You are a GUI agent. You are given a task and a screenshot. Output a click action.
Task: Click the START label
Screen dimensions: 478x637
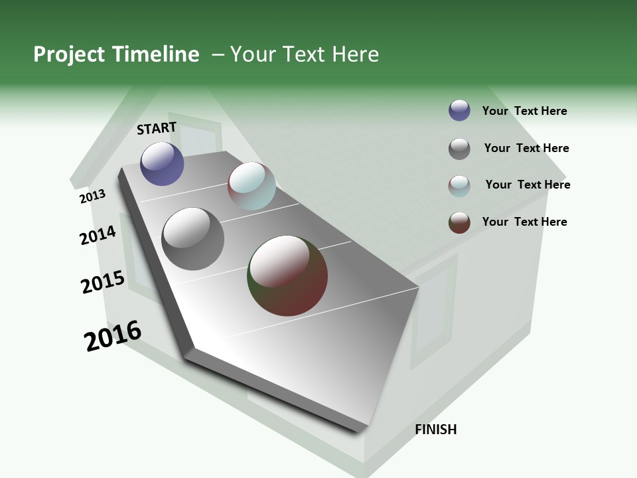click(157, 128)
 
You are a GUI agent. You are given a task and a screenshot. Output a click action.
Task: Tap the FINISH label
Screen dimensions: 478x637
click(436, 430)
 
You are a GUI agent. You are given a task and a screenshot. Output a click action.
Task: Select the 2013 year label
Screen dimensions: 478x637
click(92, 197)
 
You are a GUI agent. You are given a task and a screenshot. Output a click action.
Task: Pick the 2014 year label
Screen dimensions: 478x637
click(98, 235)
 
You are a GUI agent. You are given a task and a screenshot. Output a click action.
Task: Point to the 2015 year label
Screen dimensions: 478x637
click(103, 282)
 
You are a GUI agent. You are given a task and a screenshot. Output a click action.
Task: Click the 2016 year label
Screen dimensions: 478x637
click(113, 336)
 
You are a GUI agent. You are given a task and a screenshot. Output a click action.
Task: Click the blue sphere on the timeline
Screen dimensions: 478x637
click(162, 163)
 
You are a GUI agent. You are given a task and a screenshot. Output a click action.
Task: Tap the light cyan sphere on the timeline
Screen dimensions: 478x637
click(251, 186)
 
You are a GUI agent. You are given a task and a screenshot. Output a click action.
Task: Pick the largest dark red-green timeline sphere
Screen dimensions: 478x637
click(287, 276)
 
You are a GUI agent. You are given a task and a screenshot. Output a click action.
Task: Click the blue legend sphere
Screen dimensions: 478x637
click(459, 111)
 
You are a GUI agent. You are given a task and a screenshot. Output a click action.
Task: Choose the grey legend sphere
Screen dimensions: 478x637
click(459, 149)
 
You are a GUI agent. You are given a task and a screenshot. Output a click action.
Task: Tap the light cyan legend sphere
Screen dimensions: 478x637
click(459, 186)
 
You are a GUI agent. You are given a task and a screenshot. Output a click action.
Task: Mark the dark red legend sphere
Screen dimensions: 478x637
click(459, 222)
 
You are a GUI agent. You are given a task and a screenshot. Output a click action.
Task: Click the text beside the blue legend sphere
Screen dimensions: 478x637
click(524, 111)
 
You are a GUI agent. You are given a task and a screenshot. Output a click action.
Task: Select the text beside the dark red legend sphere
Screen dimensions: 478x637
click(524, 222)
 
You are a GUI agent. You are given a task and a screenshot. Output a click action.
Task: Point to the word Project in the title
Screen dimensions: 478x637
click(70, 54)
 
